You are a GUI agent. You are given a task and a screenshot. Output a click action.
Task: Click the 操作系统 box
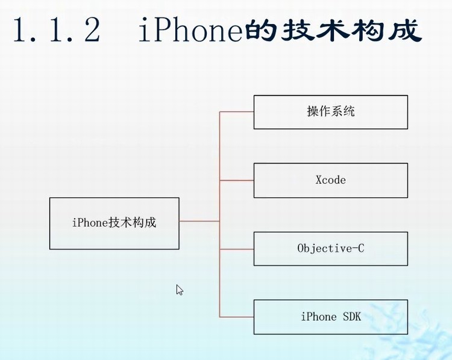pyautogui.click(x=330, y=112)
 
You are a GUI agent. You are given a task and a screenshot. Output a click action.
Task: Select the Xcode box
pyautogui.click(x=330, y=180)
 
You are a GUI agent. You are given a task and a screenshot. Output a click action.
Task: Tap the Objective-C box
pyautogui.click(x=330, y=248)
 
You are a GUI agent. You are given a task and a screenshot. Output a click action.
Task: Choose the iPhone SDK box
pyautogui.click(x=330, y=317)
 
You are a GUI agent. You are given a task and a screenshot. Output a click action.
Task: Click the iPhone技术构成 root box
pyautogui.click(x=114, y=223)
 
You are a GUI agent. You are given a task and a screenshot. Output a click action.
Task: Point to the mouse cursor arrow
pyautogui.click(x=179, y=289)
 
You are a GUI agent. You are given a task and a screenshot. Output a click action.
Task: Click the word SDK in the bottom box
pyautogui.click(x=350, y=317)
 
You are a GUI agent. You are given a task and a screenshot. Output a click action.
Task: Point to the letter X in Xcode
pyautogui.click(x=319, y=180)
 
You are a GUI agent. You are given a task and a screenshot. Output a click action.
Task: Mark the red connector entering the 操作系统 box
pyautogui.click(x=236, y=112)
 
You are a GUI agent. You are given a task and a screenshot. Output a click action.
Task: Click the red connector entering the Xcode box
pyautogui.click(x=236, y=180)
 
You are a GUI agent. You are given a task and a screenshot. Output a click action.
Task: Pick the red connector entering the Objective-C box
pyautogui.click(x=236, y=248)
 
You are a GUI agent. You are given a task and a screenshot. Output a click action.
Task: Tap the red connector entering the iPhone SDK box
pyautogui.click(x=236, y=317)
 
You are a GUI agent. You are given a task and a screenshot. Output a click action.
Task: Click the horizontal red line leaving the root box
pyautogui.click(x=199, y=221)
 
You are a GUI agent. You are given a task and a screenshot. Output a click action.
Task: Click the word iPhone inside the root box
pyautogui.click(x=89, y=223)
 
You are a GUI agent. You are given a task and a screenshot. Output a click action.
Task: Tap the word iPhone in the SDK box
pyautogui.click(x=318, y=317)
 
